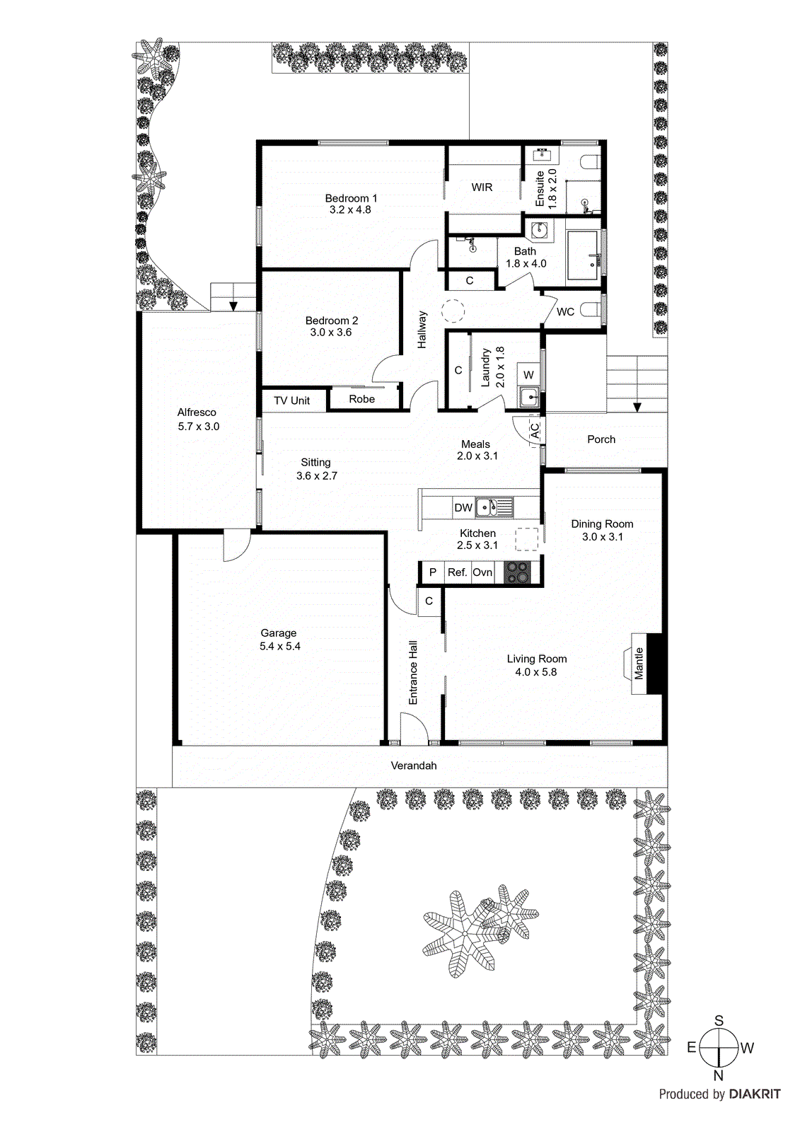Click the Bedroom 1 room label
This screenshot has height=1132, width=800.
(x=351, y=198)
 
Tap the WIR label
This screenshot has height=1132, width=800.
(x=482, y=187)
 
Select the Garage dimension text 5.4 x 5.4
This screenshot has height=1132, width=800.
(x=280, y=646)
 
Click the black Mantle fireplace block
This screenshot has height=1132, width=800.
(x=656, y=663)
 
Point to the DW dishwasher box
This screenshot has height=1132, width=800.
(x=463, y=507)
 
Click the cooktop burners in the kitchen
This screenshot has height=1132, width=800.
(x=516, y=572)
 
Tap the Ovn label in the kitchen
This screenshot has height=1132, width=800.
(x=482, y=572)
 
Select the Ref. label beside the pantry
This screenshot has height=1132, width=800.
(x=457, y=572)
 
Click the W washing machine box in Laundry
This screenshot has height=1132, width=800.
(x=528, y=375)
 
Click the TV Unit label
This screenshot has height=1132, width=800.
(x=291, y=400)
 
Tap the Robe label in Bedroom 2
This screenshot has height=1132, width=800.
(x=361, y=399)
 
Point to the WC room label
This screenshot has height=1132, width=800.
(x=565, y=312)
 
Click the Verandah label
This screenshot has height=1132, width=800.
(x=414, y=766)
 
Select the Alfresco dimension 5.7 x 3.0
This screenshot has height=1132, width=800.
(x=199, y=427)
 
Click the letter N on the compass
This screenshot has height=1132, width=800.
(x=718, y=1076)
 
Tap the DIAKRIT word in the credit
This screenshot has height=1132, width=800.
(x=755, y=1094)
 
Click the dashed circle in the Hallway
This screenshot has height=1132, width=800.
(x=453, y=311)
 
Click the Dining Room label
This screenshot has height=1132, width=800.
(x=602, y=524)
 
